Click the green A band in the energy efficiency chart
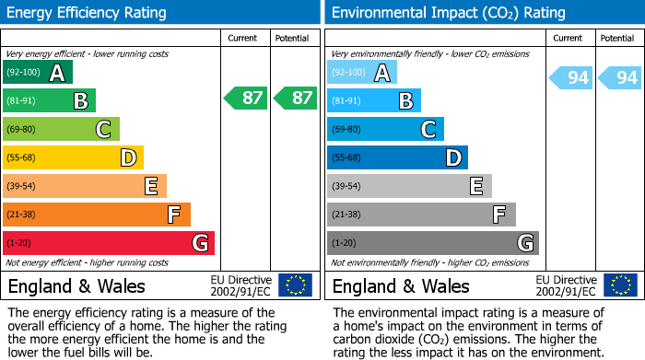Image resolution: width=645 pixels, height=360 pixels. point(37,72)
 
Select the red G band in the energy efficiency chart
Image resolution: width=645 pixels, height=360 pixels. point(108,243)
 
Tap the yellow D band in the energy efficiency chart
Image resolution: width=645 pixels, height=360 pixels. point(73,157)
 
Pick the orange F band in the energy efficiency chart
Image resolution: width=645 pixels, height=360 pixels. point(96,215)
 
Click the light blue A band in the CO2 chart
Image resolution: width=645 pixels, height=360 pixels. point(361,72)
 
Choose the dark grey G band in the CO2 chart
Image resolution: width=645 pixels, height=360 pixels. point(432,243)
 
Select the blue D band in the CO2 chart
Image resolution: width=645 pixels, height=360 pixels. point(397,157)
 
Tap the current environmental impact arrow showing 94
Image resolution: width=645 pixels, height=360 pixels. point(571,78)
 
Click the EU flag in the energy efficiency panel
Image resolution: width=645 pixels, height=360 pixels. point(295,285)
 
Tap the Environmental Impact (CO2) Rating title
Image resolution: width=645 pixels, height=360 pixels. point(448,13)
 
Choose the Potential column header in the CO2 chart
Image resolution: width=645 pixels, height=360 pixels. point(616,38)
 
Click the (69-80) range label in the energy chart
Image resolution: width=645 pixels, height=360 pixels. point(23,129)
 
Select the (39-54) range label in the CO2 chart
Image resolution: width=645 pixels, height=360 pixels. point(347,186)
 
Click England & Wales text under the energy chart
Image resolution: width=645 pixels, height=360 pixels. point(74,286)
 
